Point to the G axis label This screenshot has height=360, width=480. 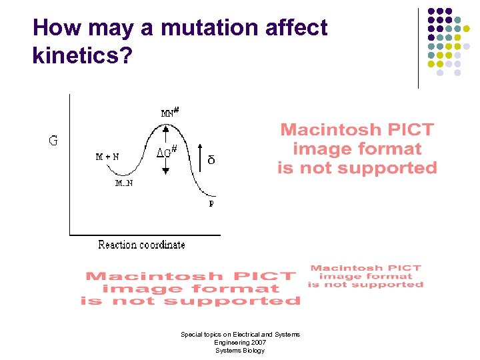52,141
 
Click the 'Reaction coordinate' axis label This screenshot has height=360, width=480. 141,245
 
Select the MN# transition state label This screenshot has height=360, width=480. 170,112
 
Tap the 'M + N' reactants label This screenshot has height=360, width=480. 107,157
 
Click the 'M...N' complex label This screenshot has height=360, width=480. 123,183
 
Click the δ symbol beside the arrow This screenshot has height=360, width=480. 211,161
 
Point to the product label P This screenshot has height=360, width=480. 211,203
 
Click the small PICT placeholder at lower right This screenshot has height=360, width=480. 365,276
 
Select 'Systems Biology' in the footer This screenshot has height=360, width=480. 240,351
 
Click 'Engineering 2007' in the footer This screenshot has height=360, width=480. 240,342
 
